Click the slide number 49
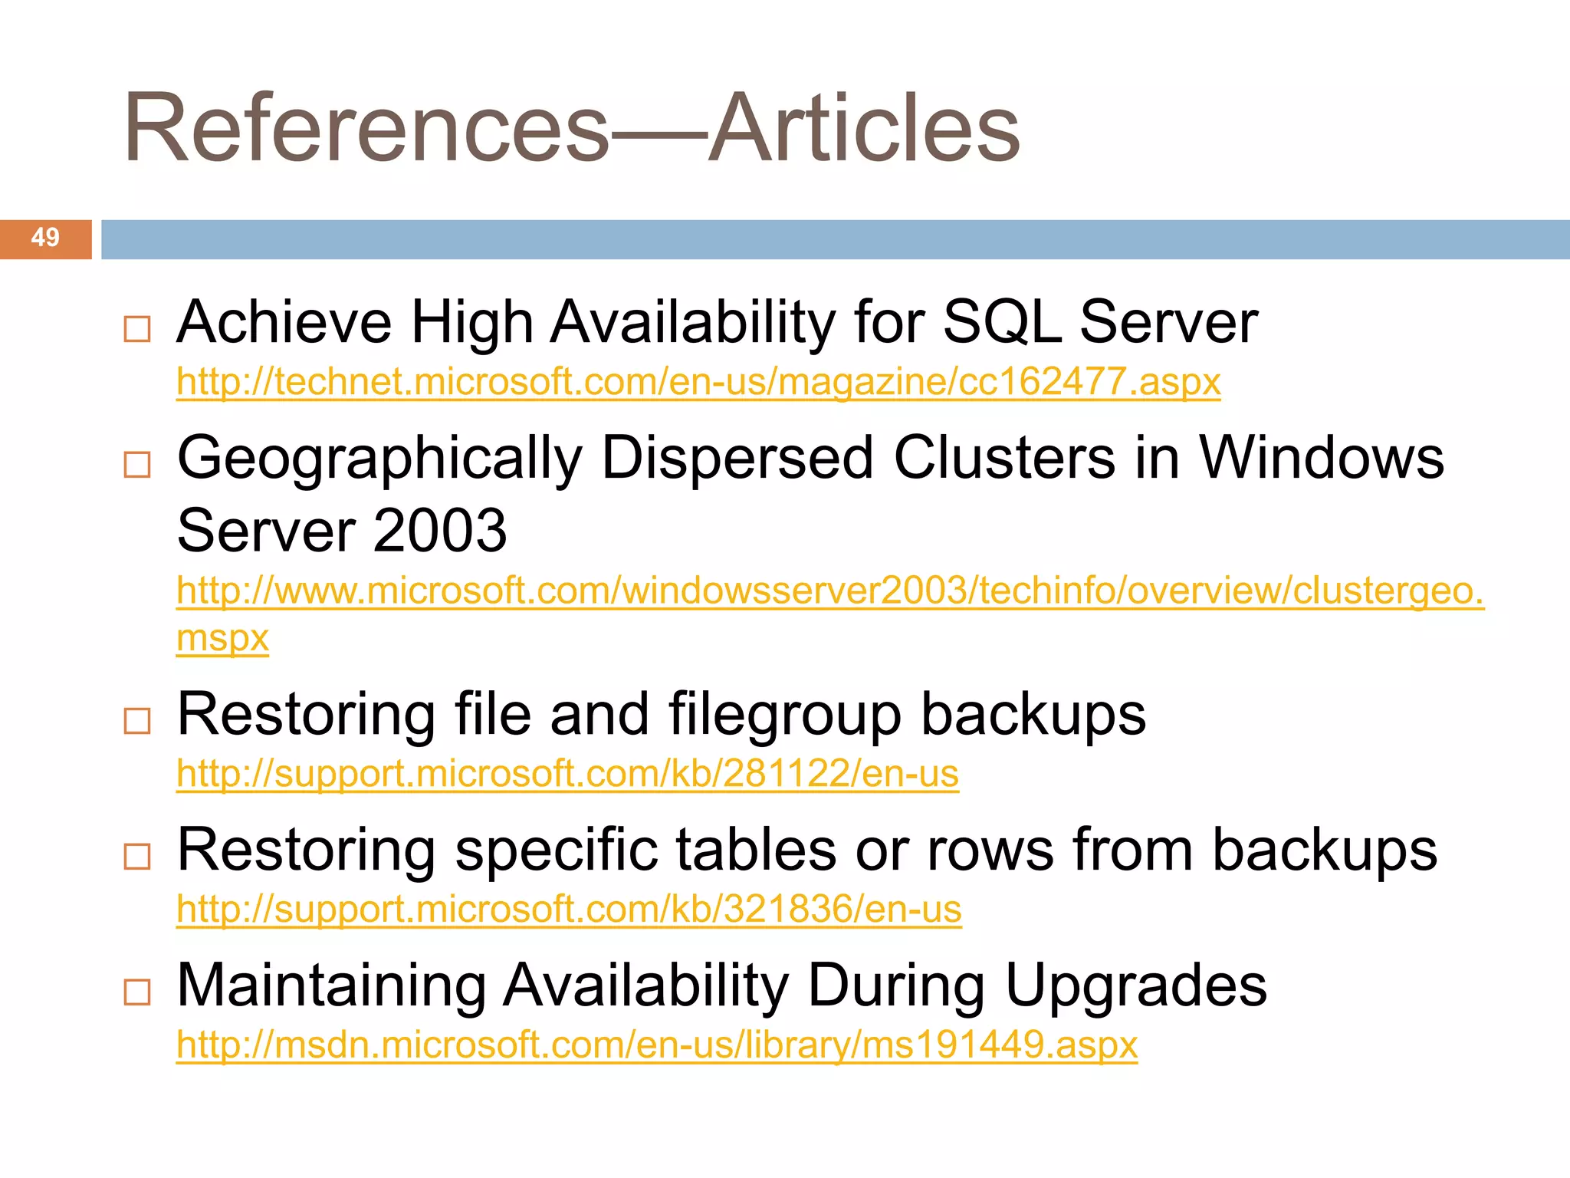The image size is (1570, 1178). pos(45,238)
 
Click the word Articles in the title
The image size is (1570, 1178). pos(864,128)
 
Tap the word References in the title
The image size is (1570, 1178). pos(366,128)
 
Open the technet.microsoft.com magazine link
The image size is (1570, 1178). pos(698,382)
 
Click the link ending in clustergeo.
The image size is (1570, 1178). pos(829,591)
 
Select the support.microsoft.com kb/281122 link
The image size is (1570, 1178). pos(567,774)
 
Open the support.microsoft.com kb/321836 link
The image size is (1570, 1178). pos(569,910)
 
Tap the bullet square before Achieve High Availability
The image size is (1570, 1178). pos(137,329)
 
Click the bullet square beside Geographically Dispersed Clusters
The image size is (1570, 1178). pos(137,464)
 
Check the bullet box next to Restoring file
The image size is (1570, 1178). pos(137,721)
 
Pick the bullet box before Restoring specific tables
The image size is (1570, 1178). pos(137,856)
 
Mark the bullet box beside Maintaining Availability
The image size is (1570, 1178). pos(137,992)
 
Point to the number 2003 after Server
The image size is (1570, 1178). pos(441,531)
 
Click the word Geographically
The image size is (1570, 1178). pos(379,459)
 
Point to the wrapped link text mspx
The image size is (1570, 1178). pos(222,638)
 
